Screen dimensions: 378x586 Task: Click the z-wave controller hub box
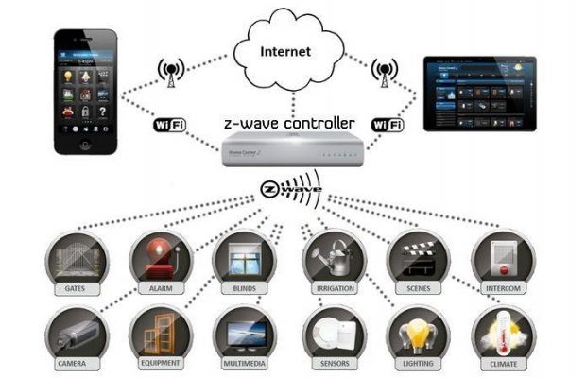coord(288,149)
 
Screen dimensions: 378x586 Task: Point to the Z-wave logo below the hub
coord(289,188)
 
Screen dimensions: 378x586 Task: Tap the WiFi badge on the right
coord(388,125)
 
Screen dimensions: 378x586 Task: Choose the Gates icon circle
coord(76,258)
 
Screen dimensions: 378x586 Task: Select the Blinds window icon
coord(243,255)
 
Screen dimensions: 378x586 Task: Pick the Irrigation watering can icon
coord(330,255)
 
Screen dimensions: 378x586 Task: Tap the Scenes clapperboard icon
coord(417,255)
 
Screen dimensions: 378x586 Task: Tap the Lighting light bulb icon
coord(417,334)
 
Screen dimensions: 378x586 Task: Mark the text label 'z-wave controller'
coord(289,123)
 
